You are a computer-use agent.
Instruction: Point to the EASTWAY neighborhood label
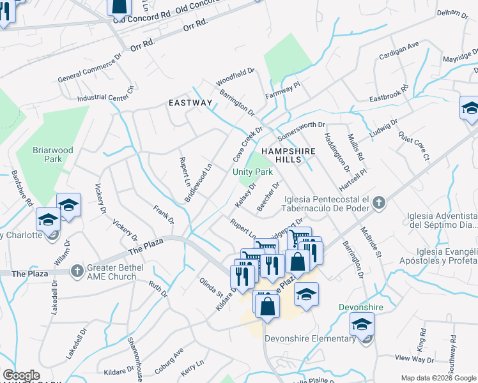coord(190,103)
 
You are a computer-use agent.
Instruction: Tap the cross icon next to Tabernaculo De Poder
coord(379,203)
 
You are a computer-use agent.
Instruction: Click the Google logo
coord(22,375)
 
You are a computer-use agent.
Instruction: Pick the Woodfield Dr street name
coord(235,78)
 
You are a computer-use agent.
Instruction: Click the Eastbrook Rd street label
coord(389,95)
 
